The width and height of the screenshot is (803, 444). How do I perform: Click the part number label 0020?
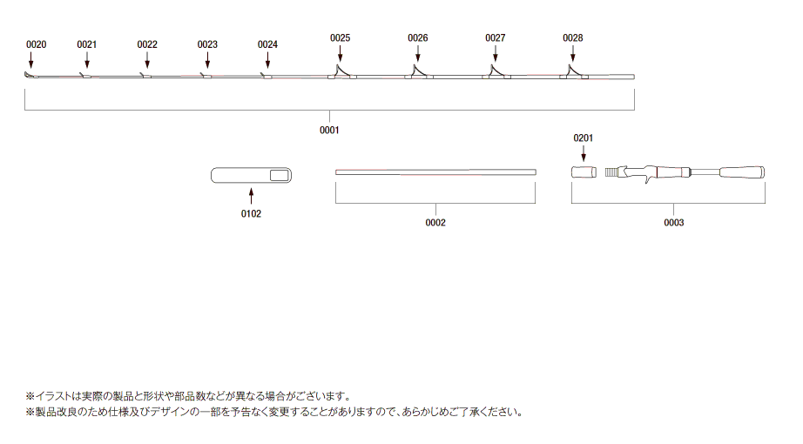37,44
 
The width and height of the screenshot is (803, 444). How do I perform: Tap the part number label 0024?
268,44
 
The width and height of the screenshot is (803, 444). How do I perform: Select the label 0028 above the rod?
573,38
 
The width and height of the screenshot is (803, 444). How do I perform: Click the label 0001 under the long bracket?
329,130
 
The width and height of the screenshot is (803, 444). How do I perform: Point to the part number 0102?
251,213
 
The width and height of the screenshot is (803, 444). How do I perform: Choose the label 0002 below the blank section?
435,222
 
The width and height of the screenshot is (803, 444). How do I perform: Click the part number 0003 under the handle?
674,222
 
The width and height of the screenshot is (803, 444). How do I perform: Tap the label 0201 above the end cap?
584,138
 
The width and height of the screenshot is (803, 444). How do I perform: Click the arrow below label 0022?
147,60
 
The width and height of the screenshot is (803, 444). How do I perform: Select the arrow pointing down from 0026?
418,53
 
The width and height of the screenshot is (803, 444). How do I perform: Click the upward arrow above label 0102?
251,196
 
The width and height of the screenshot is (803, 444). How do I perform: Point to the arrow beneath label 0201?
584,153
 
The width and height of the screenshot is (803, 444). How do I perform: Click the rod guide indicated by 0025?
339,71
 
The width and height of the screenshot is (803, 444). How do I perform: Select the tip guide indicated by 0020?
30,75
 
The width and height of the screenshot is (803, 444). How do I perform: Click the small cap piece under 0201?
584,172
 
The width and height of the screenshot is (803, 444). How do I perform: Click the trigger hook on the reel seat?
649,179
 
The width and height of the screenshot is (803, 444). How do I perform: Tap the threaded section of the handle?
611,172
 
